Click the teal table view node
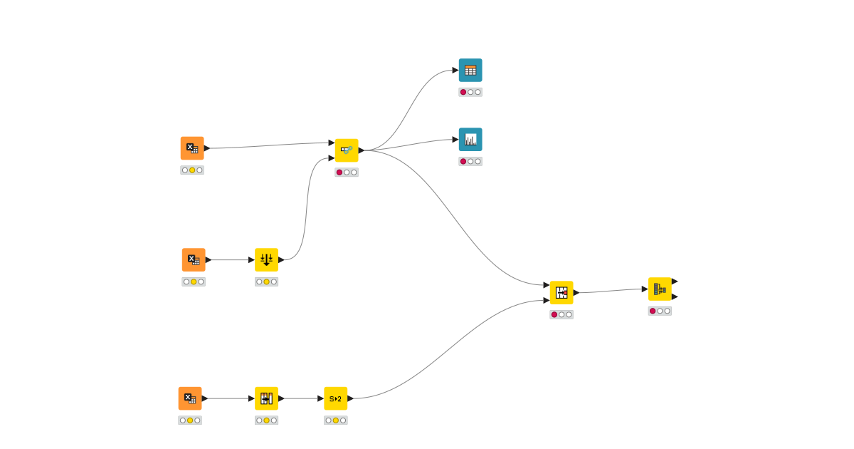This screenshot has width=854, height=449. click(470, 70)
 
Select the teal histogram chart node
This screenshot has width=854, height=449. click(470, 139)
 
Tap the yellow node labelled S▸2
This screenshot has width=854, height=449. click(335, 398)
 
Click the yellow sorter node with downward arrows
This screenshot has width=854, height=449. click(266, 259)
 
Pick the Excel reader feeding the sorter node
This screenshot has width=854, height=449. click(194, 259)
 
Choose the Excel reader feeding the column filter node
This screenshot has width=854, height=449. click(190, 398)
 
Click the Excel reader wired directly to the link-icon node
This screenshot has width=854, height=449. click(192, 148)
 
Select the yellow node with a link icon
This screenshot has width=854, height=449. click(347, 150)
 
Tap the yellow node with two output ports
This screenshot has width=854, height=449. click(660, 289)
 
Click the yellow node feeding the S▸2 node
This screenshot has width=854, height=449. click(266, 398)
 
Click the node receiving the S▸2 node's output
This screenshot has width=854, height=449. click(562, 292)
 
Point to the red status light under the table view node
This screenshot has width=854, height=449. click(463, 92)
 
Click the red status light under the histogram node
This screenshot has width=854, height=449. click(463, 161)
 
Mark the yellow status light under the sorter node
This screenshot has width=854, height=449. click(267, 282)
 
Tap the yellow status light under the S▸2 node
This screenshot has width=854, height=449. click(336, 420)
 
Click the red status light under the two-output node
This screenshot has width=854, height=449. click(653, 311)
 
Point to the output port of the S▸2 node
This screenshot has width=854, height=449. click(350, 398)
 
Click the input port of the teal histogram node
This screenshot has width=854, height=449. click(455, 140)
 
